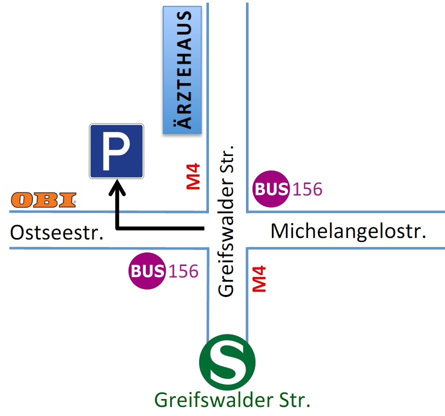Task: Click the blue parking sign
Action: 116,151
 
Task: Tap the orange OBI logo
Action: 44,200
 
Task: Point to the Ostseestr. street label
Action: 57,233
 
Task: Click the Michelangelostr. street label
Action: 348,231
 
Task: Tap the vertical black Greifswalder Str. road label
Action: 226,220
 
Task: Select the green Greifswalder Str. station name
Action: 232,400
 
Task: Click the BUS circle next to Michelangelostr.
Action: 271,189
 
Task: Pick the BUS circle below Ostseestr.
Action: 147,271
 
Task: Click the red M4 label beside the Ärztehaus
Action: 193,176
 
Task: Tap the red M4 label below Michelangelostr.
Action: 259,279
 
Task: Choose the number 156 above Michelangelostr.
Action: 307,189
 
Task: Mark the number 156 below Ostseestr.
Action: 183,271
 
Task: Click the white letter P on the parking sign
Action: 116,151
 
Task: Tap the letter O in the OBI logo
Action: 21,200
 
